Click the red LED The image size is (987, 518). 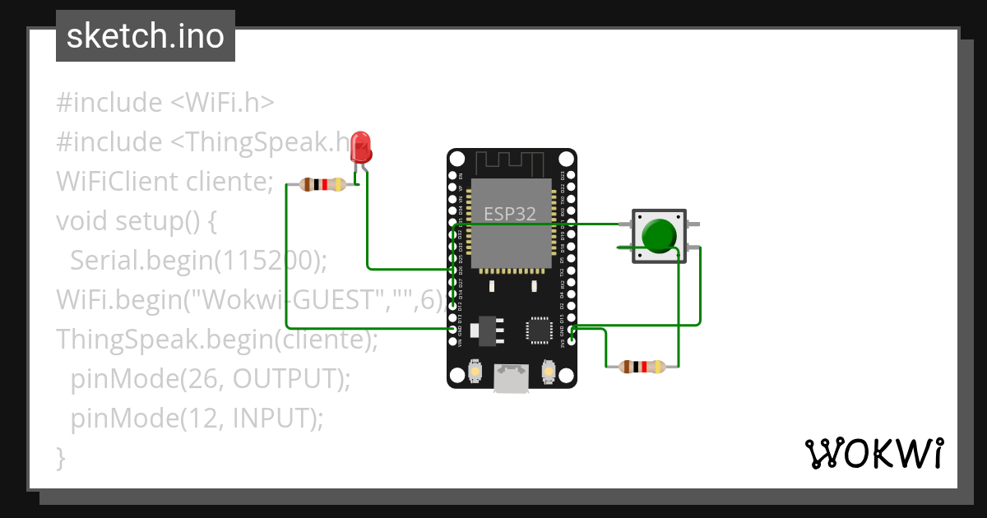pos(360,148)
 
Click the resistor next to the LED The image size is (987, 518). pos(322,185)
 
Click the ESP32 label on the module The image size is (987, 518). pos(510,215)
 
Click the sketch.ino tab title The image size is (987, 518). pos(146,36)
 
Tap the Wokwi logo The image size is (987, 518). pos(873,453)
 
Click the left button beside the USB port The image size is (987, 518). pos(475,373)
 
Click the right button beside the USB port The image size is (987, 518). pos(548,373)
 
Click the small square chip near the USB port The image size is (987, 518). pos(540,329)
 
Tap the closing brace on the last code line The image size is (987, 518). pos(60,456)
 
